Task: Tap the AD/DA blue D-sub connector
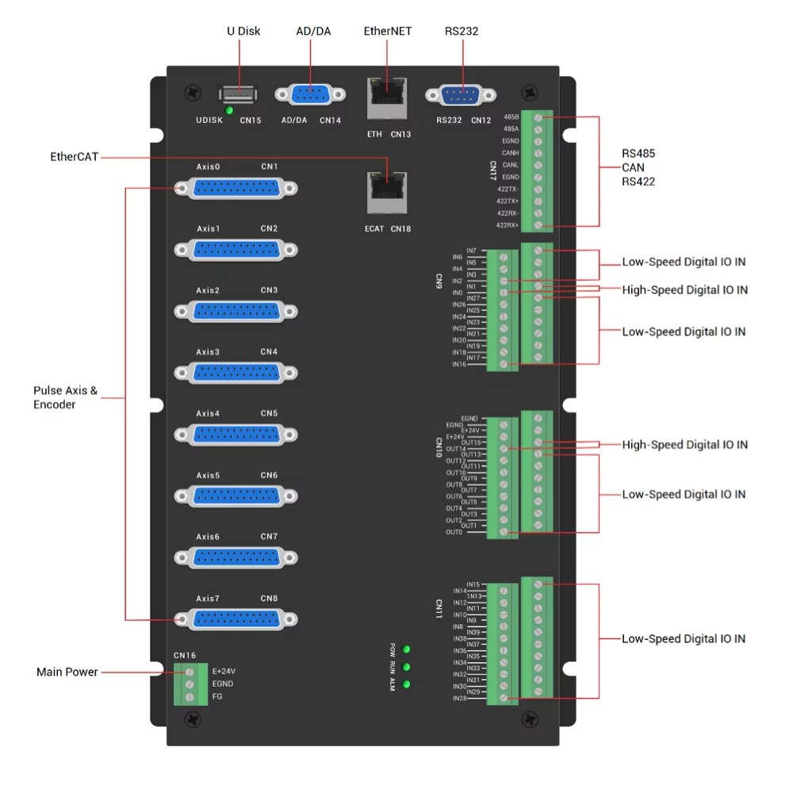310,94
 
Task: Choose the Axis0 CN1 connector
236,188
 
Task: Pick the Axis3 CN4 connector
236,372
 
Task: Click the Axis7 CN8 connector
236,619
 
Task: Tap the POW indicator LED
407,649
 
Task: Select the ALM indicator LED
407,684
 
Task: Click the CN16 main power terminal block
190,684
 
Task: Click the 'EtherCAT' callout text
75,157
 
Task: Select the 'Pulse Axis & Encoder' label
65,397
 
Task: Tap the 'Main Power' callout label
67,672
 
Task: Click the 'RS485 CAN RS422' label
639,167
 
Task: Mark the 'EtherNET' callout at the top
388,32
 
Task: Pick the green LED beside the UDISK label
229,110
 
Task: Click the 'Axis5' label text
209,476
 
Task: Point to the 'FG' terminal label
217,697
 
